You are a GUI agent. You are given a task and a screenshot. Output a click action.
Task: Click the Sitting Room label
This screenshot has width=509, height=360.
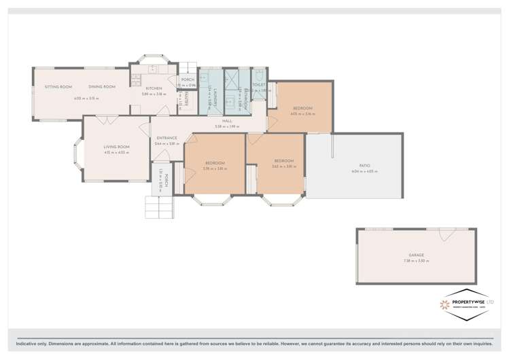58,87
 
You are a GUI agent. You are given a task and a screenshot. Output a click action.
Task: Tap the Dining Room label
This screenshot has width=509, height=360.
101,87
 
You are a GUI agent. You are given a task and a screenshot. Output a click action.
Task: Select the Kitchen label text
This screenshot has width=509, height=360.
154,88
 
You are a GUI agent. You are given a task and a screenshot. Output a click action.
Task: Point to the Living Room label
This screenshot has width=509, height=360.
116,147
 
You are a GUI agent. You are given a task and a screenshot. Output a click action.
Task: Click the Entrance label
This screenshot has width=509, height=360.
166,138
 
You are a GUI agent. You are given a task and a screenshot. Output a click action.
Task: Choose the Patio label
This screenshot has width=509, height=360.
355,165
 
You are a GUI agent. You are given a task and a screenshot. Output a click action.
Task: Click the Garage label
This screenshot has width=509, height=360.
416,255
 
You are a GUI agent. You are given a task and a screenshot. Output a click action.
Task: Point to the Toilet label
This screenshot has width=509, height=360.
259,85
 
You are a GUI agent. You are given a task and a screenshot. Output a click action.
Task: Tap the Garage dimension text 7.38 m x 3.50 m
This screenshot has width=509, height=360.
416,262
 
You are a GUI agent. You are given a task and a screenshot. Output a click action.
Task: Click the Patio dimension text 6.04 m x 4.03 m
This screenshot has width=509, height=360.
355,171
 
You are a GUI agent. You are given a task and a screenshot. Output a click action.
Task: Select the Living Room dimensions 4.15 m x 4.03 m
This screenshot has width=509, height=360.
116,152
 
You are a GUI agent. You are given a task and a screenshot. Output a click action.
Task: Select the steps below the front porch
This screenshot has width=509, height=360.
158,206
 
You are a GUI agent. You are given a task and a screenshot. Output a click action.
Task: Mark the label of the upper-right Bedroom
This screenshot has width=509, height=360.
302,109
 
